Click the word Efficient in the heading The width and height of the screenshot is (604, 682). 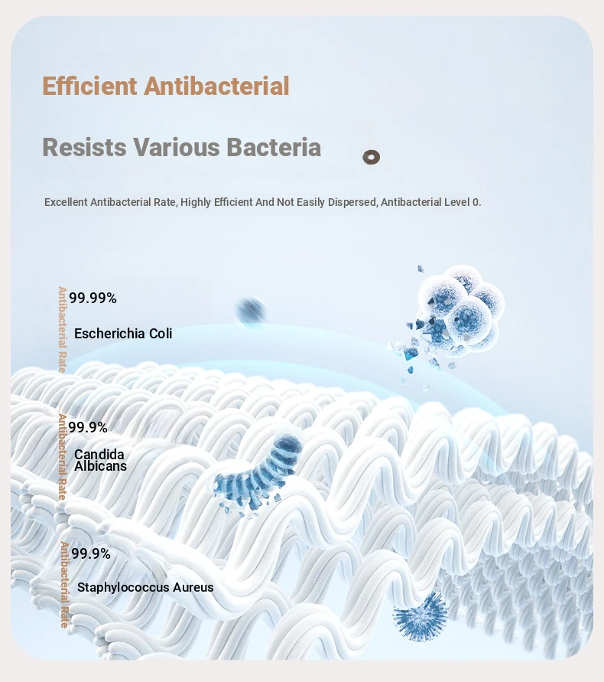[x=89, y=86]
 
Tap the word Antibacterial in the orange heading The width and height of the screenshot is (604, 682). [x=216, y=86]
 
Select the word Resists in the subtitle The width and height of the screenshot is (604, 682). [x=84, y=147]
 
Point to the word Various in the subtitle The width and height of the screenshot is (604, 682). [x=177, y=147]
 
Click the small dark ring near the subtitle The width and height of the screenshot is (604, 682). [x=371, y=157]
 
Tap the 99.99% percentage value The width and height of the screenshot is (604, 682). [x=93, y=298]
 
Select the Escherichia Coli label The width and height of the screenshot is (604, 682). [x=123, y=334]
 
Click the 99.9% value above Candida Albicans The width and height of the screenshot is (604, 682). [x=88, y=427]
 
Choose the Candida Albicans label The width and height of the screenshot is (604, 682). [x=100, y=460]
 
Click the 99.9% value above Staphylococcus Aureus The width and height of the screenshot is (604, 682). [x=91, y=553]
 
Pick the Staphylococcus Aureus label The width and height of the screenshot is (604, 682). [x=145, y=587]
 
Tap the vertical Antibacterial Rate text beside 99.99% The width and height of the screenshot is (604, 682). [x=63, y=330]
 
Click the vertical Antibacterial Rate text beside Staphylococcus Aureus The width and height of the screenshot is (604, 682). [x=65, y=585]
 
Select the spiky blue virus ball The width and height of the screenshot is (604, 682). [x=420, y=617]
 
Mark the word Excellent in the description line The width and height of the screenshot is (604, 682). [x=66, y=202]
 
